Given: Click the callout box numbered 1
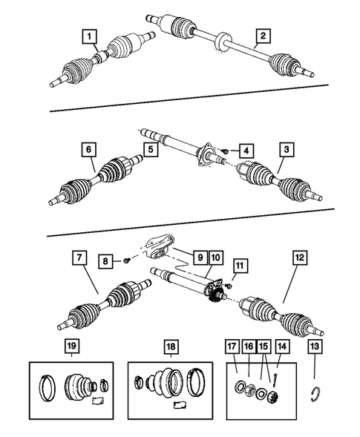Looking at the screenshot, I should pyautogui.click(x=90, y=36).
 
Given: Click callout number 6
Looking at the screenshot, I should pyautogui.click(x=89, y=150).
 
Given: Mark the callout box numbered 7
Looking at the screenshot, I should pyautogui.click(x=79, y=257).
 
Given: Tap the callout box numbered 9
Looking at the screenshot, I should pyautogui.click(x=198, y=257).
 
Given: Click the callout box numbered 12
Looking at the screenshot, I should pyautogui.click(x=299, y=257).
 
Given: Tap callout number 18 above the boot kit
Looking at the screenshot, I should pyautogui.click(x=171, y=346).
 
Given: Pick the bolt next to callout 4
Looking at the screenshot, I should pyautogui.click(x=223, y=151).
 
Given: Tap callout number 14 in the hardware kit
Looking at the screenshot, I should pyautogui.click(x=281, y=346).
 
